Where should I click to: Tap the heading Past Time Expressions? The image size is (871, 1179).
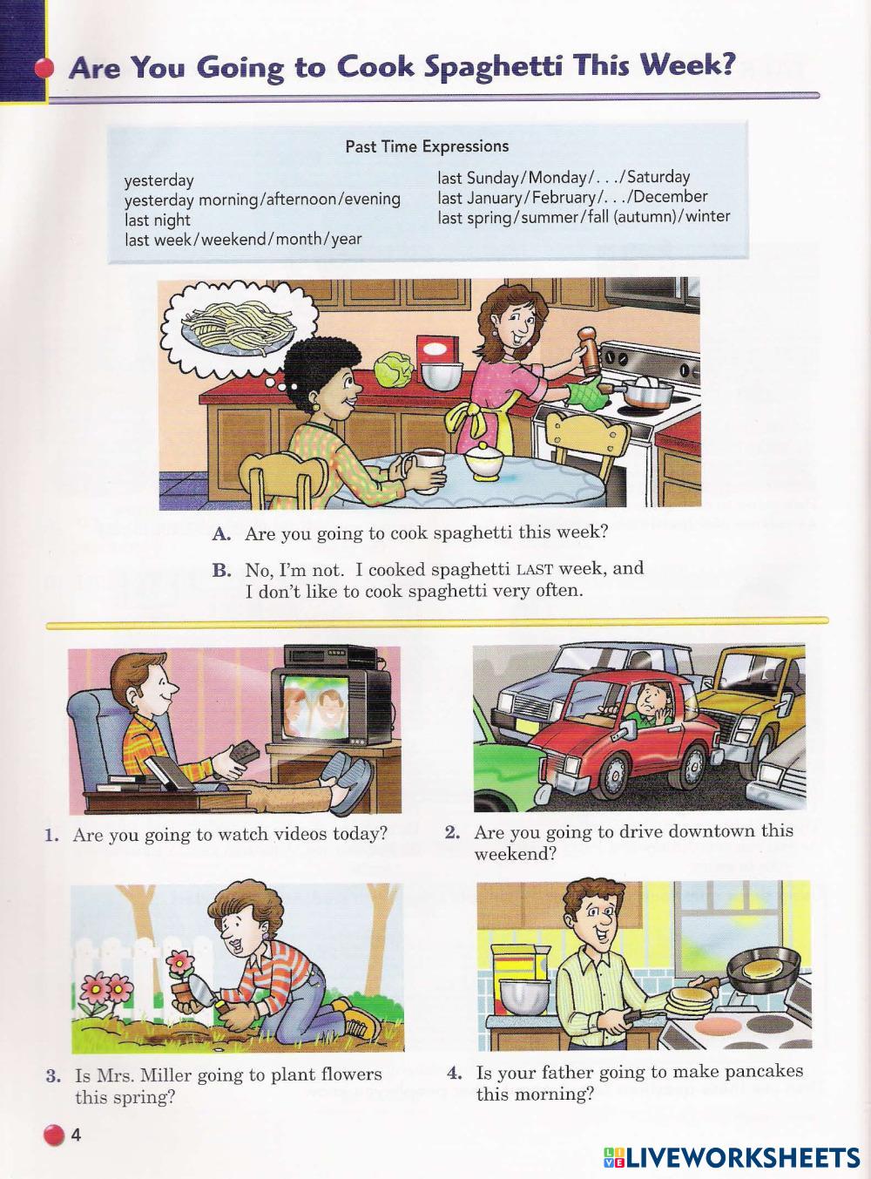[x=427, y=146]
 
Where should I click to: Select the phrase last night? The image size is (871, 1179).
[x=158, y=220]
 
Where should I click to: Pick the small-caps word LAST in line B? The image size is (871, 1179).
[x=535, y=571]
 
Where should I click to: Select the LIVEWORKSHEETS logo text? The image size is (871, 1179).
[x=732, y=1158]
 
